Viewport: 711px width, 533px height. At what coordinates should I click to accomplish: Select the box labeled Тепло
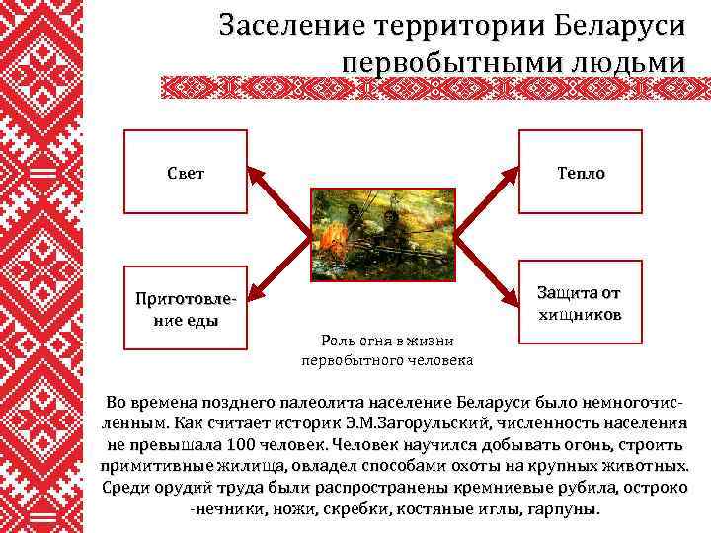580,173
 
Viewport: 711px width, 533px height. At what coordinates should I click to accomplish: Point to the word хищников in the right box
580,316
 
